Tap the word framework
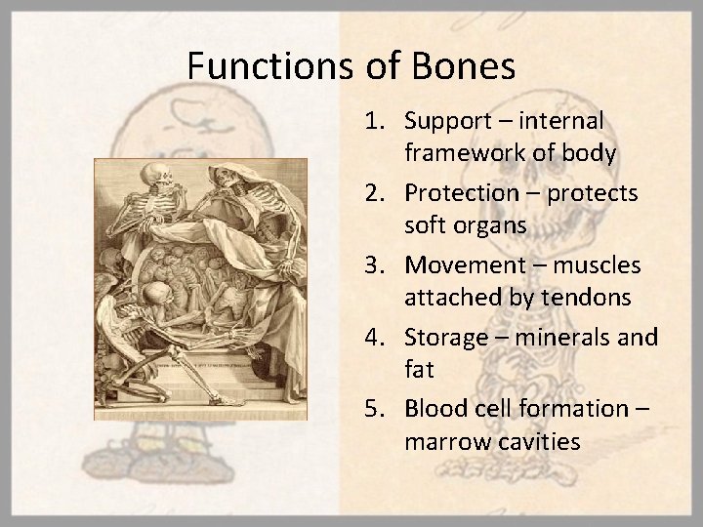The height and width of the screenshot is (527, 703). [459, 153]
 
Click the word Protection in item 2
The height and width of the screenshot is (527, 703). [460, 193]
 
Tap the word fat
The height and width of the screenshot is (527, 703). [417, 369]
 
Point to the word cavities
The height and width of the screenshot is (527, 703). [540, 441]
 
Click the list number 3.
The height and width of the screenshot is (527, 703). [378, 264]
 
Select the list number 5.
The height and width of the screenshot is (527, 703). [378, 408]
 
